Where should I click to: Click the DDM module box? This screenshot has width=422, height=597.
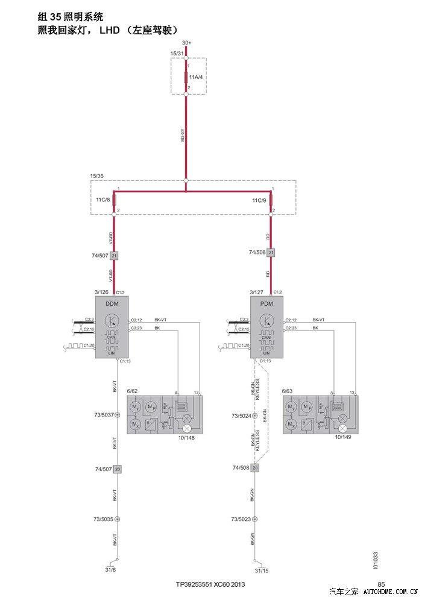pyautogui.click(x=113, y=328)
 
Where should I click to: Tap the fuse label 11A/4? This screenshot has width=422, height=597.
pyautogui.click(x=196, y=78)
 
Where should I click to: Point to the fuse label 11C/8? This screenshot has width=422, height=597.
pyautogui.click(x=103, y=200)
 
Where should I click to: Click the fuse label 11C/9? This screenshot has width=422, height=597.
pyautogui.click(x=260, y=200)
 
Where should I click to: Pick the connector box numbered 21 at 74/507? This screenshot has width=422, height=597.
pyautogui.click(x=114, y=256)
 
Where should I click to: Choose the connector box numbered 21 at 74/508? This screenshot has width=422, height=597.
pyautogui.click(x=271, y=252)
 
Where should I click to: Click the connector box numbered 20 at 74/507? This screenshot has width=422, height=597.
pyautogui.click(x=118, y=469)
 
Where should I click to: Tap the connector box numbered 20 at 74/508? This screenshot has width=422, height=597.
pyautogui.click(x=255, y=468)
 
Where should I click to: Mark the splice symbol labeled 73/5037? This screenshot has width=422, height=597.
pyautogui.click(x=118, y=415)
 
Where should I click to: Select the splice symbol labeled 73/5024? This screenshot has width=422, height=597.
pyautogui.click(x=255, y=415)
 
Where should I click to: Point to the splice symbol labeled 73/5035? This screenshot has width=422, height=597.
pyautogui.click(x=118, y=519)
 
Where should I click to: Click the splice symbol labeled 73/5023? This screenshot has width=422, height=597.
pyautogui.click(x=255, y=519)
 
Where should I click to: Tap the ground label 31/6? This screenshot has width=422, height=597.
pyautogui.click(x=110, y=570)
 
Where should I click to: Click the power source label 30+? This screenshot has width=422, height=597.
pyautogui.click(x=186, y=42)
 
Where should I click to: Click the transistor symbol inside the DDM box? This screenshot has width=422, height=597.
pyautogui.click(x=112, y=320)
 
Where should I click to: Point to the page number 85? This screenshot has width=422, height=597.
pyautogui.click(x=381, y=583)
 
